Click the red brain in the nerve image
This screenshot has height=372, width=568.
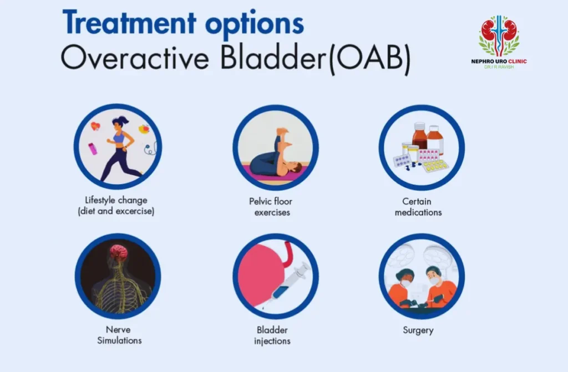tap(118, 253)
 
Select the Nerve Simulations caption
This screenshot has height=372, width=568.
tap(118, 335)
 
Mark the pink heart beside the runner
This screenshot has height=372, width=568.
tap(95, 126)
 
